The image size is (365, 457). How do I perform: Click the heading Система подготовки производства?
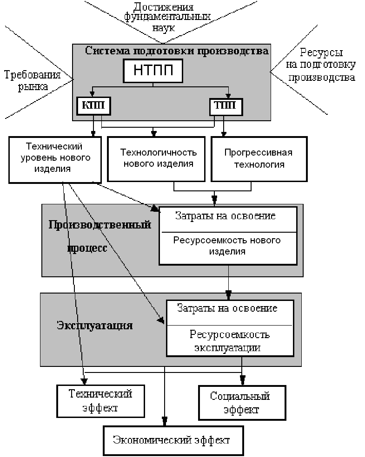coord(177,51)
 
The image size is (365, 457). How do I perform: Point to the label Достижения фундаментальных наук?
coord(167,17)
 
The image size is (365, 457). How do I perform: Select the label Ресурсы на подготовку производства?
coord(321,65)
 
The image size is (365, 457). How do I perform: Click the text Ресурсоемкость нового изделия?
coord(227,246)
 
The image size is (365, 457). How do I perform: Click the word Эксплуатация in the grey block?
coord(95,325)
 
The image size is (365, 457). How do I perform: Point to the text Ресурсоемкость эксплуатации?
coord(229,341)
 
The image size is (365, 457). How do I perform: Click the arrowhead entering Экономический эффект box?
coord(165,421)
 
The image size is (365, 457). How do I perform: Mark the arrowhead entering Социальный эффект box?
coord(242,380)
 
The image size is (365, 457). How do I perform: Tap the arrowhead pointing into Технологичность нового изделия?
coord(154,134)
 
